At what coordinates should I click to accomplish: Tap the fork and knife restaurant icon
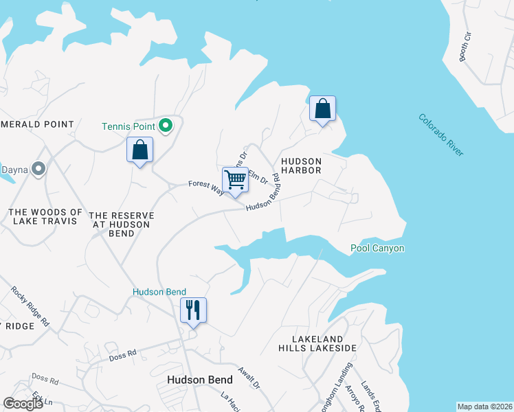click(x=193, y=310)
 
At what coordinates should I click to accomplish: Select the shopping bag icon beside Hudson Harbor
click(x=322, y=109)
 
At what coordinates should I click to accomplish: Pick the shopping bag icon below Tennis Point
click(x=139, y=150)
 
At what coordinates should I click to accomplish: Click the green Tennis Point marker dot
click(x=165, y=126)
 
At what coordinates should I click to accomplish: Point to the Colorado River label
click(x=440, y=135)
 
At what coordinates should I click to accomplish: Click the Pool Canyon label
click(x=377, y=249)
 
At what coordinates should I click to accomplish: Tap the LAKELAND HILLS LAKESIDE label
click(x=324, y=344)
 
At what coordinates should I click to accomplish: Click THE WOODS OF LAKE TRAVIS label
click(x=45, y=216)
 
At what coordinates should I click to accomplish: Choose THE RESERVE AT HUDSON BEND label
click(x=121, y=224)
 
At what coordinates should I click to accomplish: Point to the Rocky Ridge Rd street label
click(x=30, y=306)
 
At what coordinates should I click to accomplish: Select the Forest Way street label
click(x=205, y=185)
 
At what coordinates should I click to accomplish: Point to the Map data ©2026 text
click(x=484, y=406)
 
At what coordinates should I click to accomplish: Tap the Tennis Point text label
click(x=128, y=126)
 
